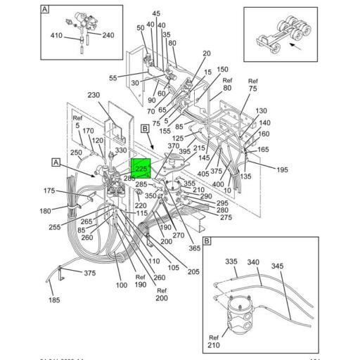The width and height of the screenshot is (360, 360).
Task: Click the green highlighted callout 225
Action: [141, 169]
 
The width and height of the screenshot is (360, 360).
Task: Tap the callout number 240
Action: [107, 34]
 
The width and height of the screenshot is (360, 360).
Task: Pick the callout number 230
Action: [94, 96]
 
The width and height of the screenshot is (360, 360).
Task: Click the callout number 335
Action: [232, 262]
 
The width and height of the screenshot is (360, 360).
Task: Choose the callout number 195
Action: [282, 170]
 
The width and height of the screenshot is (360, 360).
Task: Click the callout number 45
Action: [156, 13]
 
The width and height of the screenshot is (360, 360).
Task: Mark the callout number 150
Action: [222, 70]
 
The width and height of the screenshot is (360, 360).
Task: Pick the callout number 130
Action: [261, 111]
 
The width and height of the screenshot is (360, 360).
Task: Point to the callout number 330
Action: [121, 150]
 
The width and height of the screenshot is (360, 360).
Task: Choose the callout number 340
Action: [254, 262]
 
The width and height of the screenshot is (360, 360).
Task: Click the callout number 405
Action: [203, 174]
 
